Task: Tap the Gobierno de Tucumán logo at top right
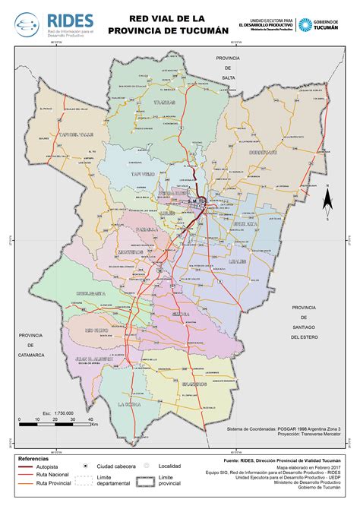click(x=327, y=24)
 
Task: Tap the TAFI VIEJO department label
click(x=142, y=174)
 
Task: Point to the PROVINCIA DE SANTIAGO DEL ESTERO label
click(x=304, y=317)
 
